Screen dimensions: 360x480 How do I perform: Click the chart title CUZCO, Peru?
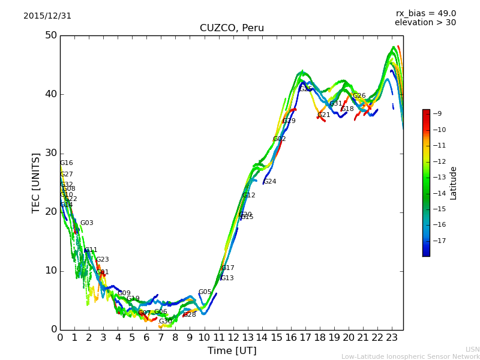(232, 28)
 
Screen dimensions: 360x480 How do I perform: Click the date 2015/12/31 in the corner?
(47, 16)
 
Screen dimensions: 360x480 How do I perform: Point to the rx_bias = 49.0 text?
(425, 14)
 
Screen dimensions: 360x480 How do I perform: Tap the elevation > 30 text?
(425, 23)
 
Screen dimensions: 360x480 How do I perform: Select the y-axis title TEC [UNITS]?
(36, 183)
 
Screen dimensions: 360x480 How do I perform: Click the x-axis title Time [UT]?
(232, 351)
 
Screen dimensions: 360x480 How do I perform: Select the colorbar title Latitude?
(454, 183)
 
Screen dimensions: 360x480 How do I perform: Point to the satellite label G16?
(66, 163)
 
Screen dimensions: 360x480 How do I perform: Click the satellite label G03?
(86, 223)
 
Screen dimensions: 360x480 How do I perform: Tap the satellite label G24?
(269, 182)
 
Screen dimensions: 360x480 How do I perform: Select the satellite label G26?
(359, 96)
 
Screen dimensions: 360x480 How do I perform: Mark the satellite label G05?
(205, 292)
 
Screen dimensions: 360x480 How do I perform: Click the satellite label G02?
(279, 139)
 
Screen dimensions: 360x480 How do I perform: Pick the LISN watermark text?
(472, 349)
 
